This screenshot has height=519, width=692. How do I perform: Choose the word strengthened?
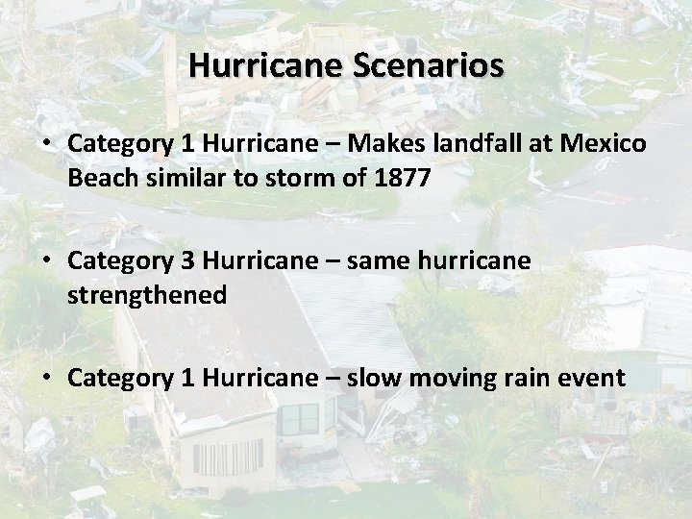(x=147, y=296)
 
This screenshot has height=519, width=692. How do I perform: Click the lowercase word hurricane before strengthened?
(x=476, y=260)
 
